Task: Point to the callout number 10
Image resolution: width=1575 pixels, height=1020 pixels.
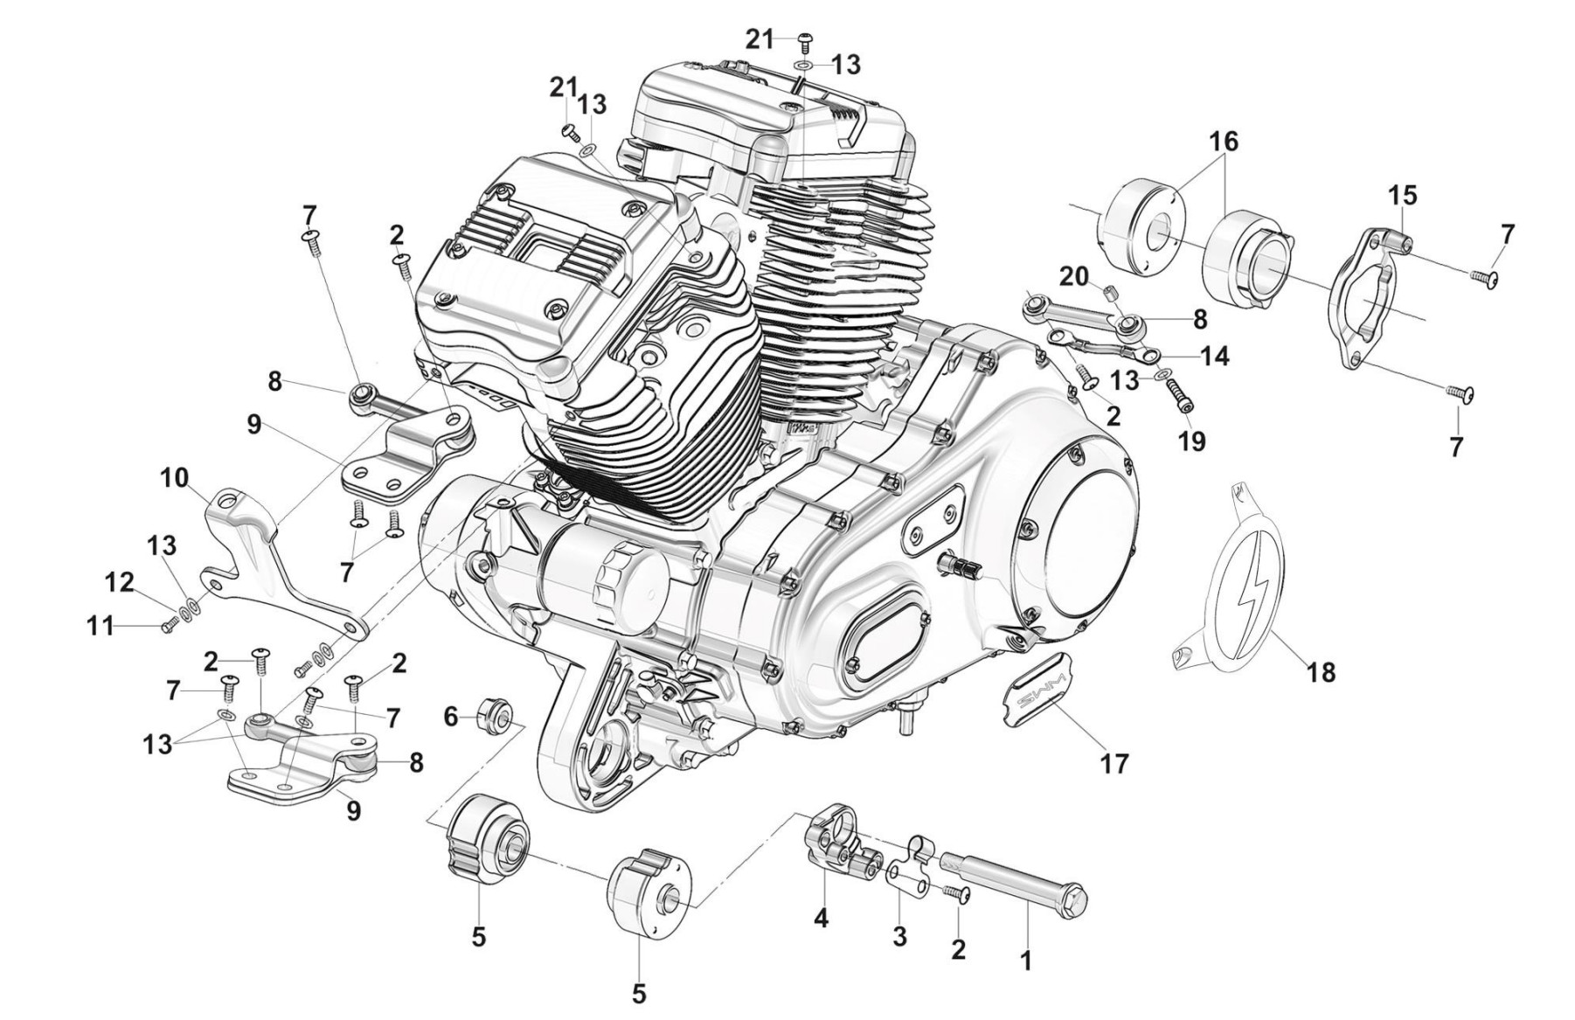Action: [174, 478]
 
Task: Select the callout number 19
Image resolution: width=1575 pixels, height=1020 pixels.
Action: [1191, 441]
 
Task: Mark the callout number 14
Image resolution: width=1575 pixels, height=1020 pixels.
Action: [1214, 356]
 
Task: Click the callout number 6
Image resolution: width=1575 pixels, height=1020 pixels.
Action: [451, 717]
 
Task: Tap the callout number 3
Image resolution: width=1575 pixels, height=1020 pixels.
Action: [899, 937]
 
